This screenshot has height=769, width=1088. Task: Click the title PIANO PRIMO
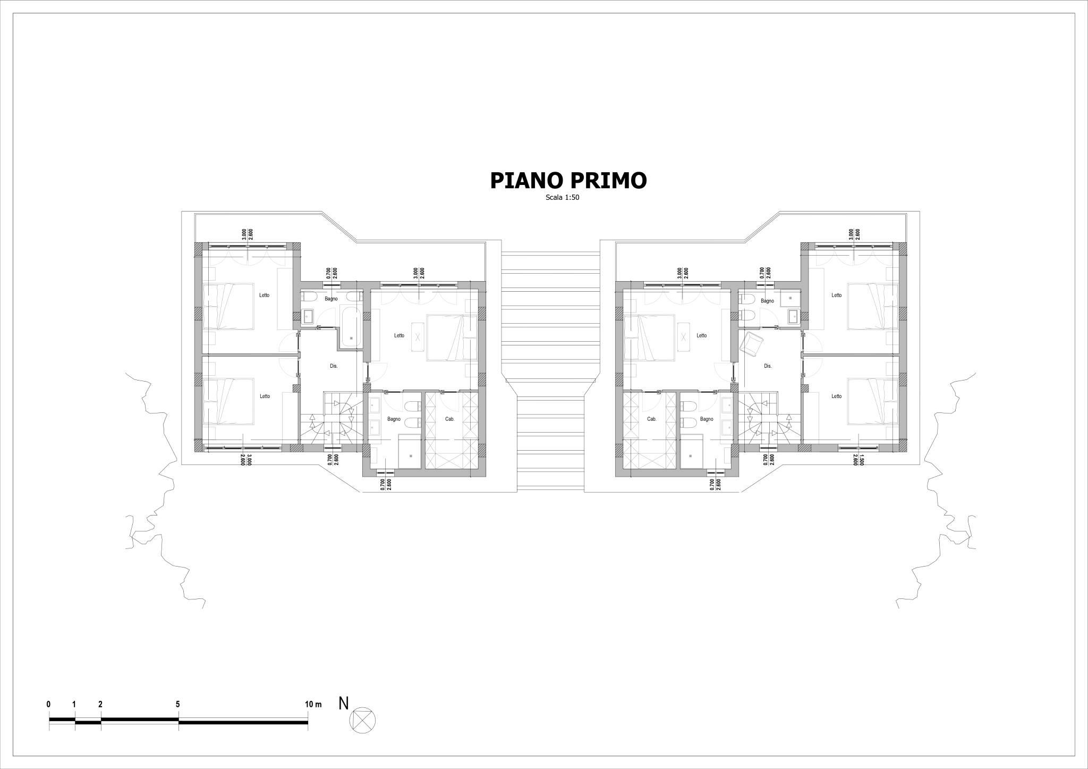[x=568, y=180]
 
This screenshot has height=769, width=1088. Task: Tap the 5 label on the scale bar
[x=177, y=704]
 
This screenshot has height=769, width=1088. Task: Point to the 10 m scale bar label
[x=314, y=704]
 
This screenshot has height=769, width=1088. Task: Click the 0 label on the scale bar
[x=49, y=704]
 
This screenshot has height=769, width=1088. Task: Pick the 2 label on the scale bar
[x=100, y=704]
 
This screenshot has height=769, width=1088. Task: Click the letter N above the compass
[x=344, y=704]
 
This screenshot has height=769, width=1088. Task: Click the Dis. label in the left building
[x=334, y=366]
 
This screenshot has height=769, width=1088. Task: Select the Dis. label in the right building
[x=768, y=366]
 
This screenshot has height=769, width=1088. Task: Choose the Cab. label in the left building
[x=449, y=419]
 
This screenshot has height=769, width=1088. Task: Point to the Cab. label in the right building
[x=652, y=419]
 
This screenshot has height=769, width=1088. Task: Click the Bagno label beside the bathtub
[x=331, y=299]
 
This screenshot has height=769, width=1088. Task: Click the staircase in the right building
[x=770, y=418]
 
